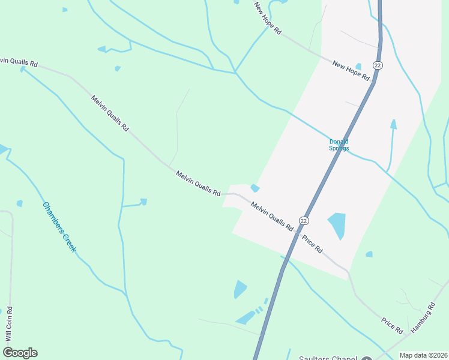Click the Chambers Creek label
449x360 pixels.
point(59,227)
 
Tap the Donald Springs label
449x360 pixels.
point(339,145)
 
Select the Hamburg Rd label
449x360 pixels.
point(424,319)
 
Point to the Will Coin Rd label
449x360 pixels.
point(9,324)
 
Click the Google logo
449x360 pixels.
point(20,353)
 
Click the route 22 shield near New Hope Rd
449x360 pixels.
point(377,65)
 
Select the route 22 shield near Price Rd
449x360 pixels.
point(304,221)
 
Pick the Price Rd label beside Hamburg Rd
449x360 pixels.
point(391,323)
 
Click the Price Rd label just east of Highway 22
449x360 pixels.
point(312,242)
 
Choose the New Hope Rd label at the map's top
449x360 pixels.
point(268,19)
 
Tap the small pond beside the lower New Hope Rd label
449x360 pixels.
point(358,66)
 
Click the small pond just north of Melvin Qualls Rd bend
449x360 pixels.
point(255,188)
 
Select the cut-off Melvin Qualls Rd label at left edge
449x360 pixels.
point(19,62)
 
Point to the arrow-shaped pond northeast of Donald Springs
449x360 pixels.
point(393,124)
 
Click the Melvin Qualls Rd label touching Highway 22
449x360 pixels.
point(272,217)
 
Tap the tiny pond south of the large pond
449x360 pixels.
point(369,254)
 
